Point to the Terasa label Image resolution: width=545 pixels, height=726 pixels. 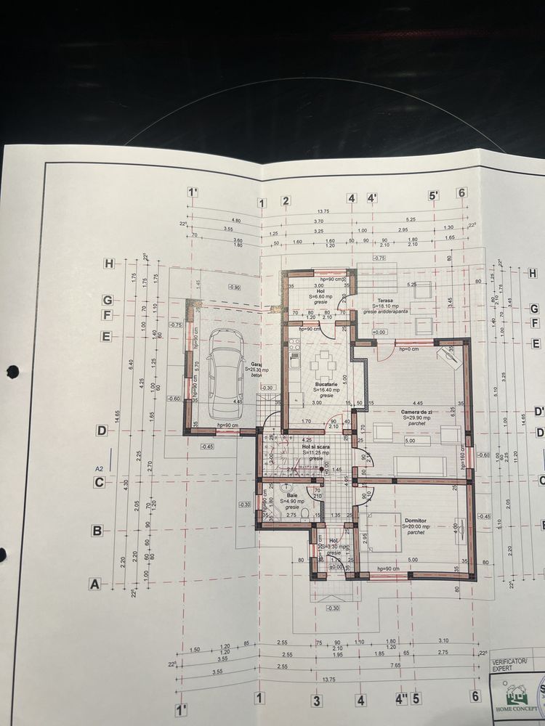pos(385,300)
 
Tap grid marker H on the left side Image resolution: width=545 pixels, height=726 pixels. pos(108,264)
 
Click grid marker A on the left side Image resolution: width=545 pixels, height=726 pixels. pos(93,583)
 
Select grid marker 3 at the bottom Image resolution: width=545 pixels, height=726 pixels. pos(316,701)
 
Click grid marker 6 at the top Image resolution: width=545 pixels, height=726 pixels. pos(461,192)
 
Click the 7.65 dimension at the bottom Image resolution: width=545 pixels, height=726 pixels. pos(395,665)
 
